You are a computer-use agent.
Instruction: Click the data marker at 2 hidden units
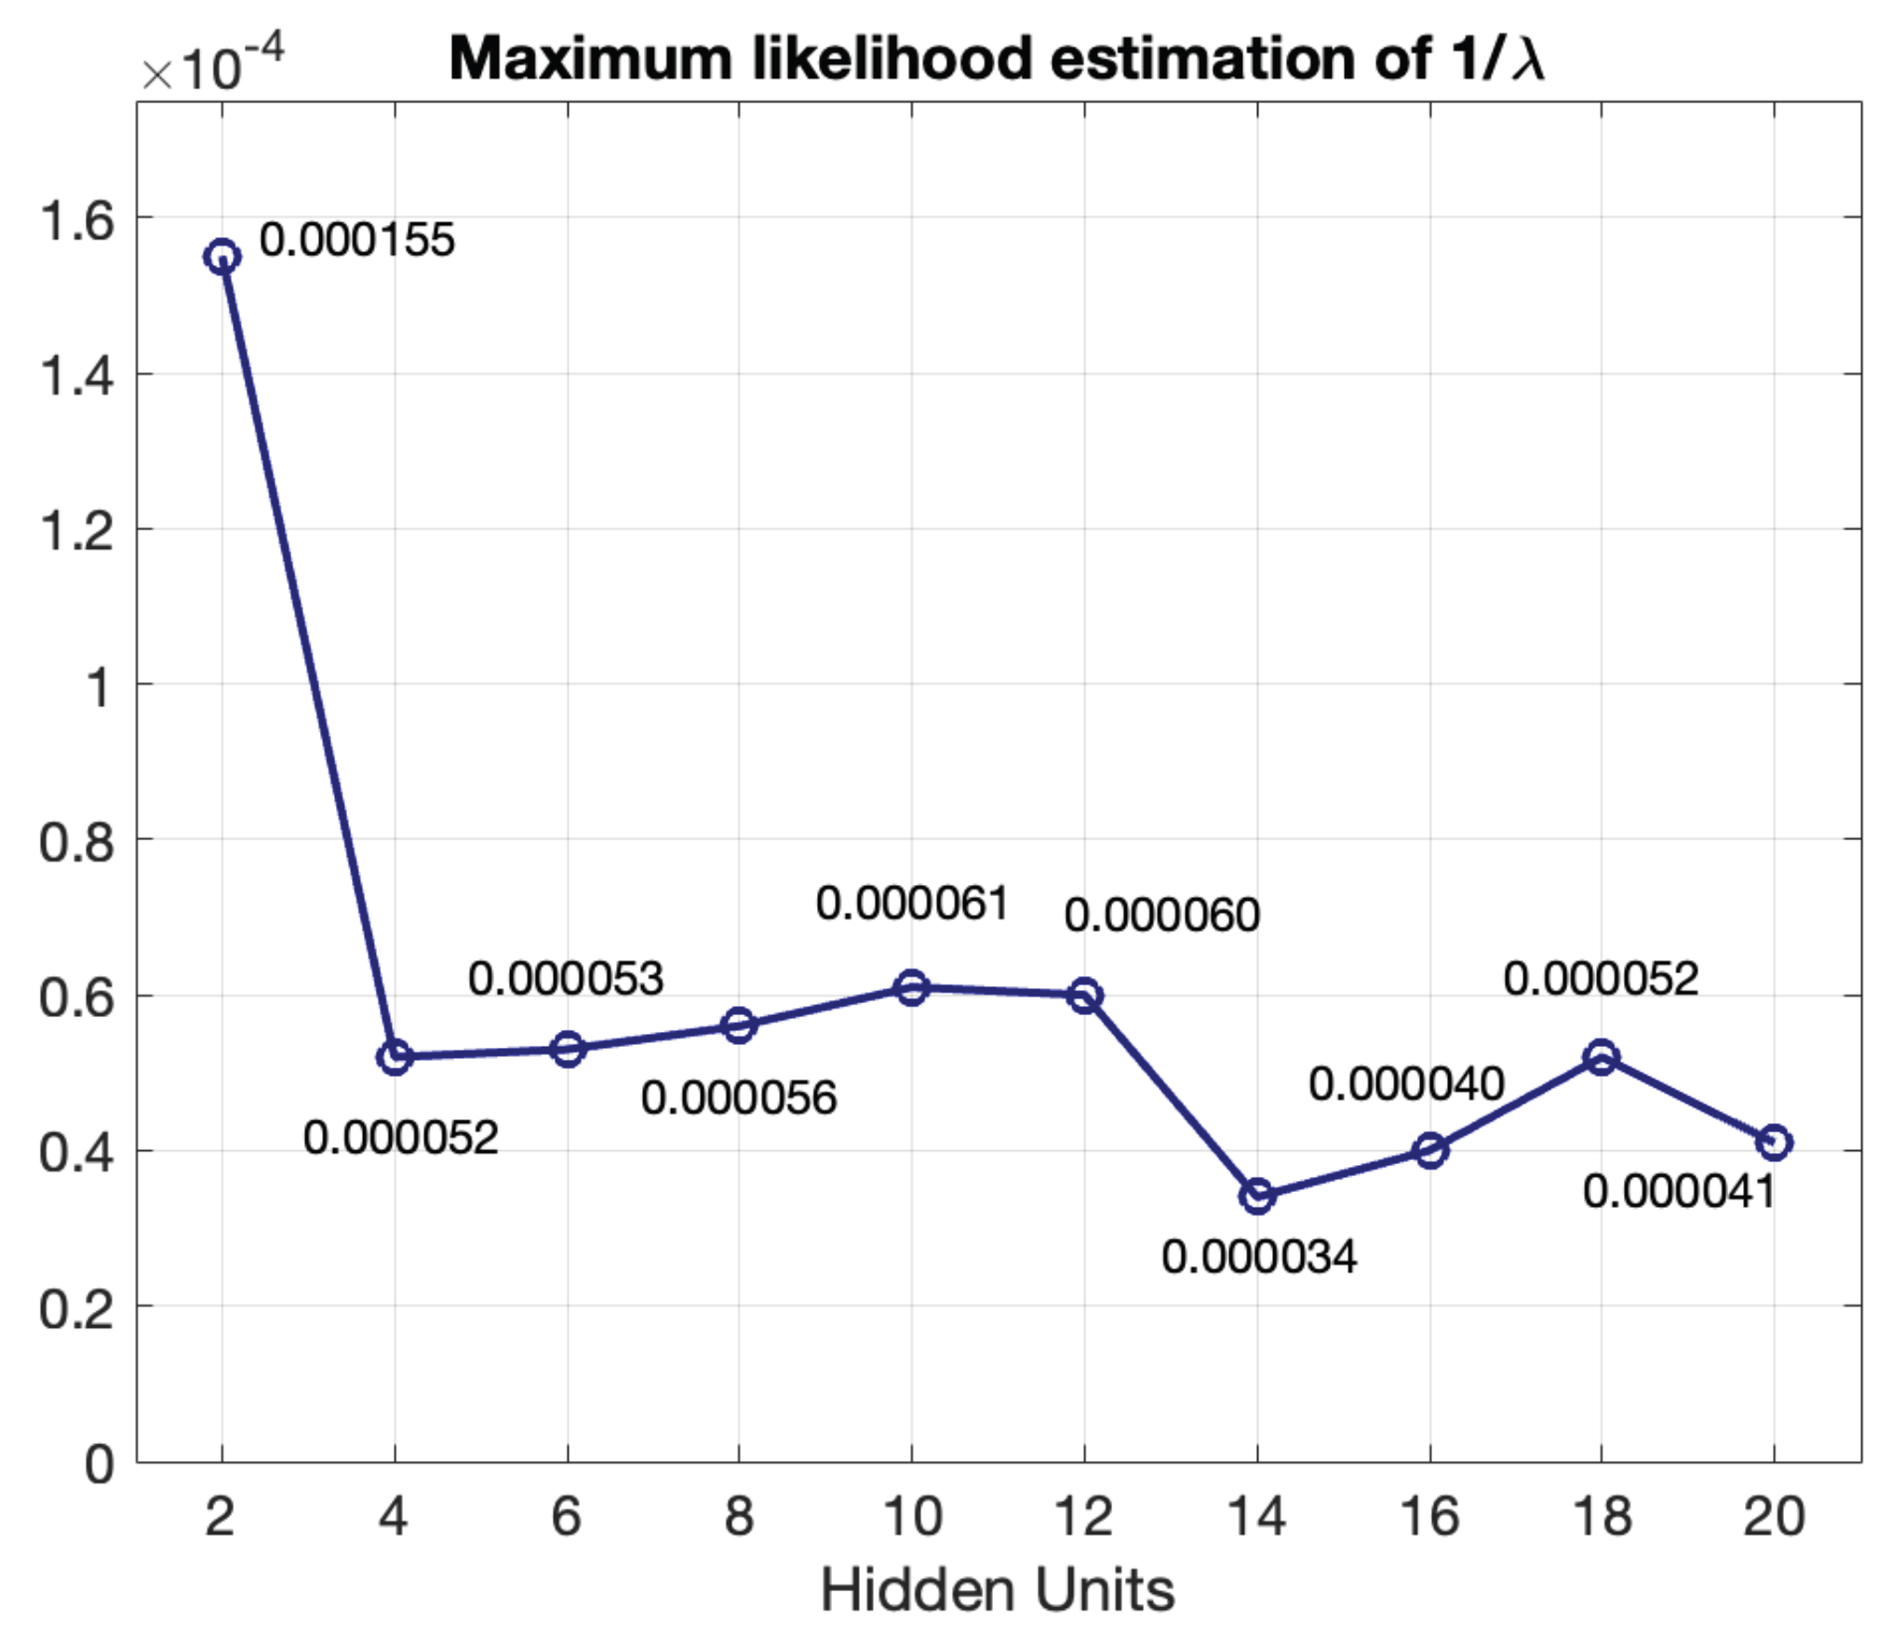[221, 256]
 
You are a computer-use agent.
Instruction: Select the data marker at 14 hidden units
[1257, 1196]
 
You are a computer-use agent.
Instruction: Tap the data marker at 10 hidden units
[912, 987]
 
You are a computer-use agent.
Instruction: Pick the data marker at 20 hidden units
[1774, 1142]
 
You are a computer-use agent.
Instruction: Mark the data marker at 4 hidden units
[395, 1057]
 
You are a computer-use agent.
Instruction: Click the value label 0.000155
[356, 240]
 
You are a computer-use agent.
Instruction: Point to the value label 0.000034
[1259, 1258]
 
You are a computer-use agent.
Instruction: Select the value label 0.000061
[912, 904]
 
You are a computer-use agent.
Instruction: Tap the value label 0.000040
[1406, 1084]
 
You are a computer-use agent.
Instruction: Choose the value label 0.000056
[739, 1098]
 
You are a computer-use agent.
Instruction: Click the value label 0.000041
[1679, 1192]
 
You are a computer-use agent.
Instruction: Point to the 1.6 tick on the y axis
[77, 221]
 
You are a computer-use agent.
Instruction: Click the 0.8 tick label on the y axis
[77, 842]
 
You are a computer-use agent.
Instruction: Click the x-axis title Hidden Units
[998, 1590]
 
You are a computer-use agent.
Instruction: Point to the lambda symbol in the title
[1528, 60]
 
